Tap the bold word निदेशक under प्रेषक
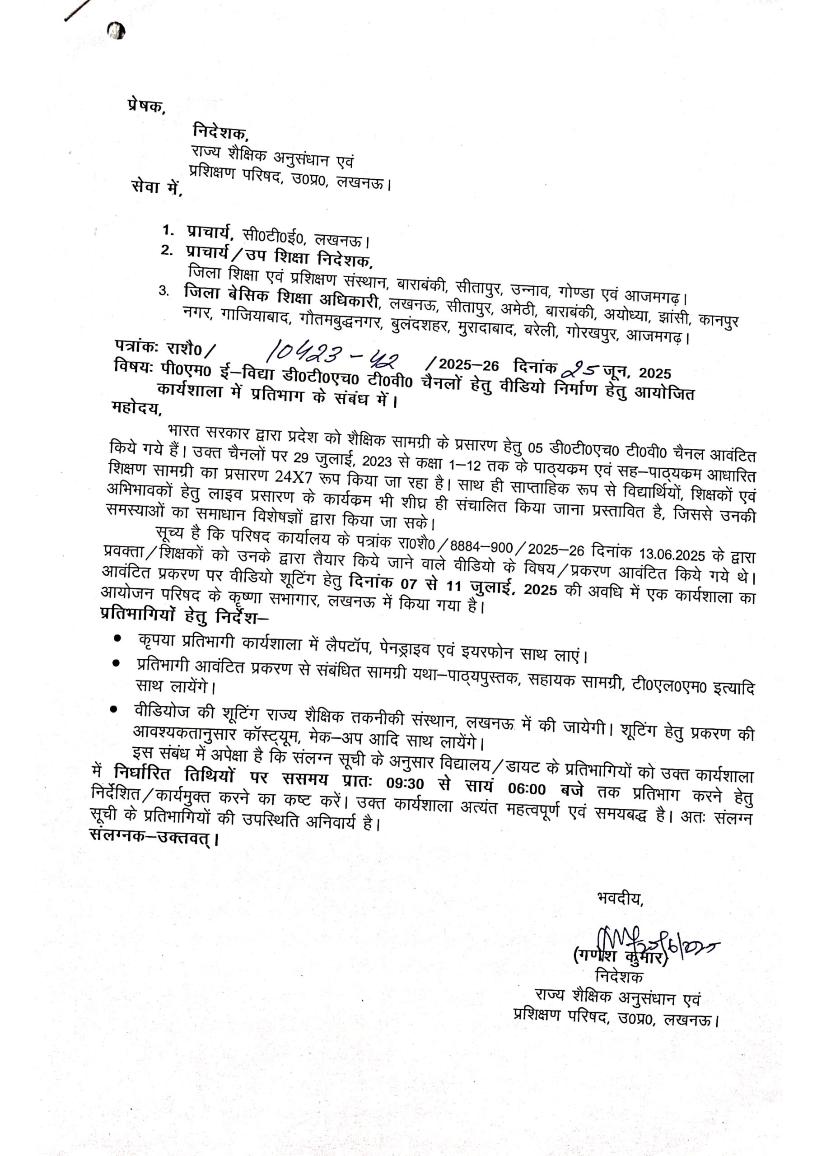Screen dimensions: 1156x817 tap(220, 132)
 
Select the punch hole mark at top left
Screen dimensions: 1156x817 tap(117, 32)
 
